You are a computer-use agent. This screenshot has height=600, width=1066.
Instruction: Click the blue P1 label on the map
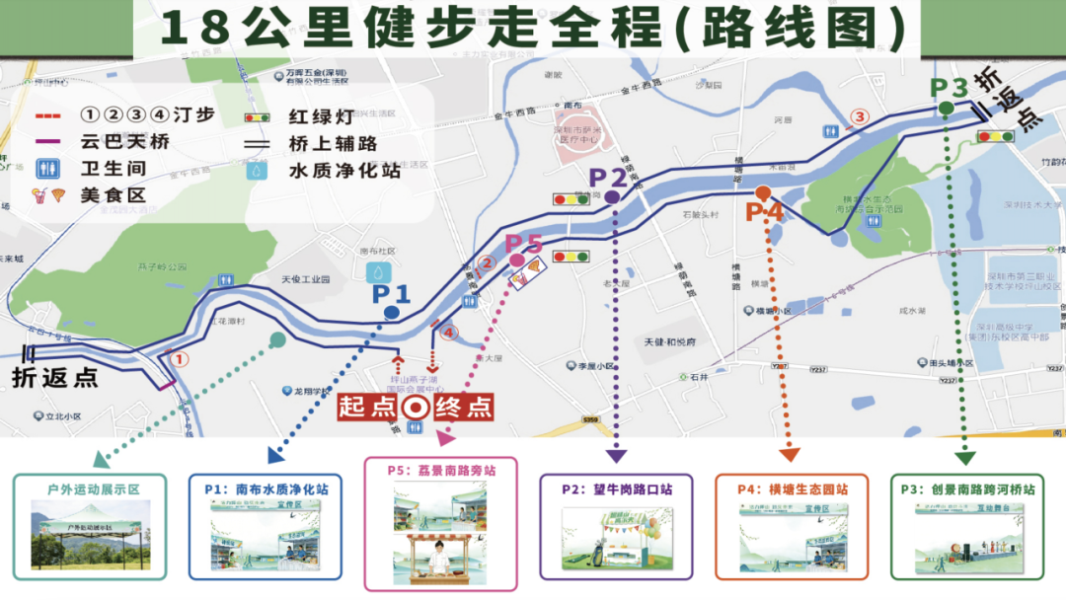click(391, 293)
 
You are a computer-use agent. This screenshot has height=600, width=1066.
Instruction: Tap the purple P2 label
click(608, 178)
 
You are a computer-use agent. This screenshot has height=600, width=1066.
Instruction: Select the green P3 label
click(949, 88)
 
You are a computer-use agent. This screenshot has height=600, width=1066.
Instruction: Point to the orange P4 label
click(764, 210)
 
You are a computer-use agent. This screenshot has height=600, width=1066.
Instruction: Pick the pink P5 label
click(524, 243)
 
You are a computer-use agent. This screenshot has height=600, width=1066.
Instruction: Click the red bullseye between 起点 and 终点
click(416, 407)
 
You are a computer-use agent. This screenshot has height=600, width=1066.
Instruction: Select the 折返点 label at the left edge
click(55, 378)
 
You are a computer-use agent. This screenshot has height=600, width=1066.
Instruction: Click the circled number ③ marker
click(860, 116)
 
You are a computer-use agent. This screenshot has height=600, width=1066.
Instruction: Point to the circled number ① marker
click(180, 359)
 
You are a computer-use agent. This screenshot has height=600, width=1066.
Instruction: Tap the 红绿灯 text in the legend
click(322, 117)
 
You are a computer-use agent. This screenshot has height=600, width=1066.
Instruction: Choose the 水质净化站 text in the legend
click(344, 170)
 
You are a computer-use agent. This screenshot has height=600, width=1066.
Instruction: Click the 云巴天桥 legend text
click(125, 142)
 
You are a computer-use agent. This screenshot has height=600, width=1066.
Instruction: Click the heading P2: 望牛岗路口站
click(618, 488)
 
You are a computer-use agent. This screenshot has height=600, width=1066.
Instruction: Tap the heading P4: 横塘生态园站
click(793, 488)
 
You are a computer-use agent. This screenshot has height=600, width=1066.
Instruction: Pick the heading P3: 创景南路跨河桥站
click(967, 488)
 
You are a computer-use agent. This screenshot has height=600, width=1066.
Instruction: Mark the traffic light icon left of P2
click(570, 199)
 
